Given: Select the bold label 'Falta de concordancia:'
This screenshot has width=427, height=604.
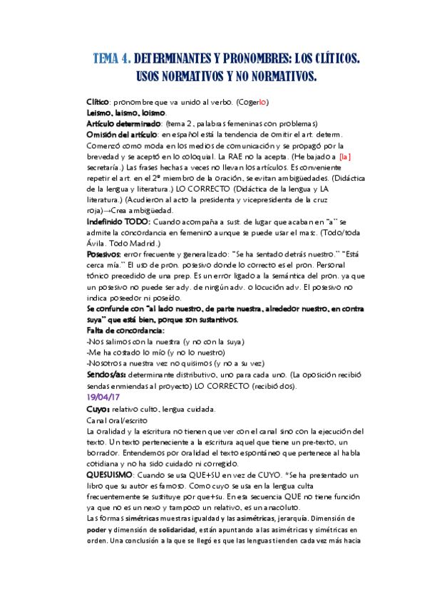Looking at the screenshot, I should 125,331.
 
